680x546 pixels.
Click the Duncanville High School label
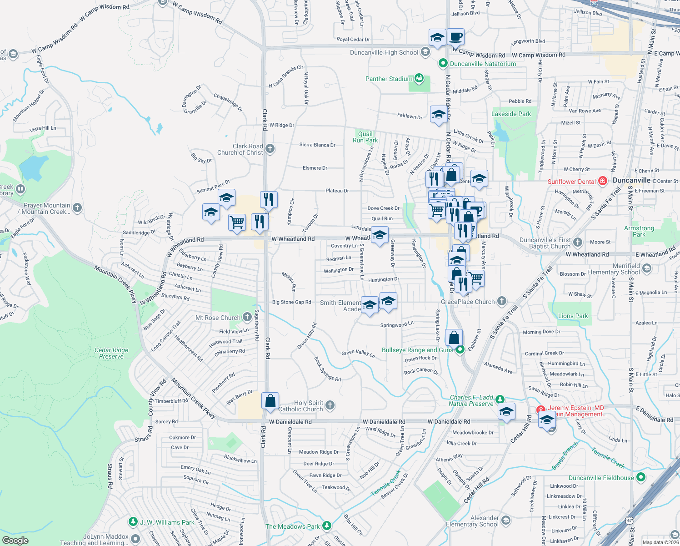pyautogui.click(x=384, y=53)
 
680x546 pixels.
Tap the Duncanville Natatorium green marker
pyautogui.click(x=443, y=64)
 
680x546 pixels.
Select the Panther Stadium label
pyautogui.click(x=389, y=79)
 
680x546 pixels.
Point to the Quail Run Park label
pyautogui.click(x=365, y=137)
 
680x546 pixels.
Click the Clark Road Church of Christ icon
pyautogui.click(x=270, y=149)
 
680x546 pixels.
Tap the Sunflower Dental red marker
pyautogui.click(x=603, y=181)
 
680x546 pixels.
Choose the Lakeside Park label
pyautogui.click(x=511, y=114)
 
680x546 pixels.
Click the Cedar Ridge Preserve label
pyautogui.click(x=111, y=353)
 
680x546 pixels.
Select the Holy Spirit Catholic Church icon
pyautogui.click(x=330, y=405)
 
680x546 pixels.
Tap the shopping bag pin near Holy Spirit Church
pyautogui.click(x=270, y=401)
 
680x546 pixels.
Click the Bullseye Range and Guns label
pyautogui.click(x=417, y=350)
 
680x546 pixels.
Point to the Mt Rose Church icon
pyautogui.click(x=247, y=317)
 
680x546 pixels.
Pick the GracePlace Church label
pyautogui.click(x=468, y=302)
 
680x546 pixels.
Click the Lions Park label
pyautogui.click(x=573, y=316)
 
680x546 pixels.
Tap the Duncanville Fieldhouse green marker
pyautogui.click(x=641, y=477)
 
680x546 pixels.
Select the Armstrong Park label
pyautogui.click(x=639, y=231)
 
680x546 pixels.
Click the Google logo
pyautogui.click(x=15, y=540)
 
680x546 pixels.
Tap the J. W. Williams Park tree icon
pyautogui.click(x=133, y=521)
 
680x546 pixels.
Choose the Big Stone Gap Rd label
pyautogui.click(x=291, y=302)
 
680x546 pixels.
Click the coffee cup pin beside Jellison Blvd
pyautogui.click(x=455, y=37)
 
